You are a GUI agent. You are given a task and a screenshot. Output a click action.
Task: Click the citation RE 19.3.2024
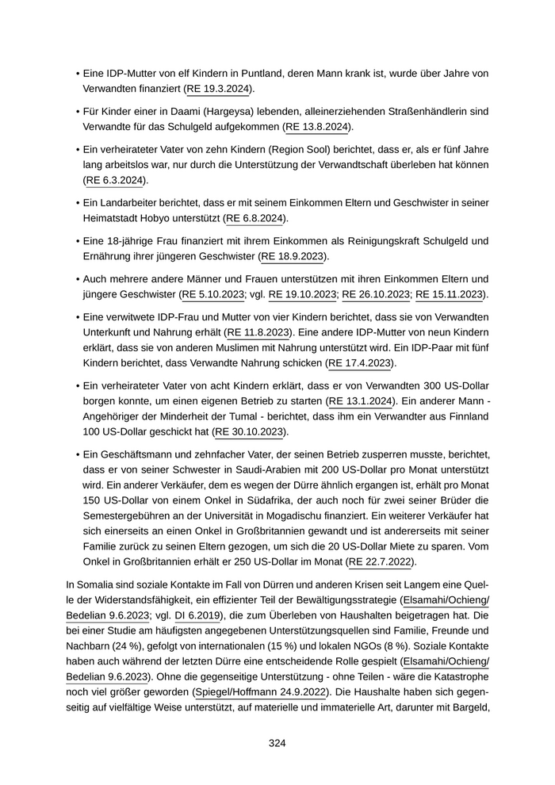click(x=220, y=89)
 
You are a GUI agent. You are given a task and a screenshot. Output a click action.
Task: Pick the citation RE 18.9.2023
click(x=293, y=256)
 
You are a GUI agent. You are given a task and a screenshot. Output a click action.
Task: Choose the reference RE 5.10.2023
click(x=213, y=294)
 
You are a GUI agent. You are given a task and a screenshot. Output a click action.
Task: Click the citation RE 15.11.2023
click(x=450, y=294)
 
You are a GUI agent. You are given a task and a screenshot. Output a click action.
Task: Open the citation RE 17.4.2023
click(x=360, y=363)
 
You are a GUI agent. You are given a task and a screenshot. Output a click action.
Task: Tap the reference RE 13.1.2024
click(x=360, y=401)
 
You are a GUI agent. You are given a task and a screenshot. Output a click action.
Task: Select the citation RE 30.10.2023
click(x=250, y=432)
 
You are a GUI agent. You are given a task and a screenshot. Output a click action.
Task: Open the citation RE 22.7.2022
click(x=382, y=562)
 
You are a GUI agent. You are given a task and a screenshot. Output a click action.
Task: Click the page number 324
click(x=277, y=743)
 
